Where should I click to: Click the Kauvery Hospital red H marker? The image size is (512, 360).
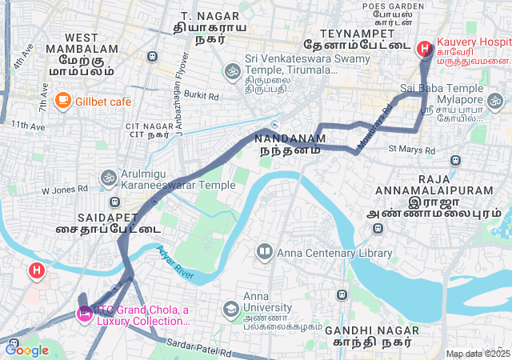(423, 49)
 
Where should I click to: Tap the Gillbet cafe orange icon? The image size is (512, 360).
(62, 101)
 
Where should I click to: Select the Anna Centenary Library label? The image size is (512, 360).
(334, 253)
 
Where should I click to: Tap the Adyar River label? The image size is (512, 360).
(175, 262)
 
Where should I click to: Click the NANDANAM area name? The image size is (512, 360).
(290, 138)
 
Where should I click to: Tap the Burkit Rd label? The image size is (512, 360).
(201, 94)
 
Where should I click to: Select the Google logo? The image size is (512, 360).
(27, 350)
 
